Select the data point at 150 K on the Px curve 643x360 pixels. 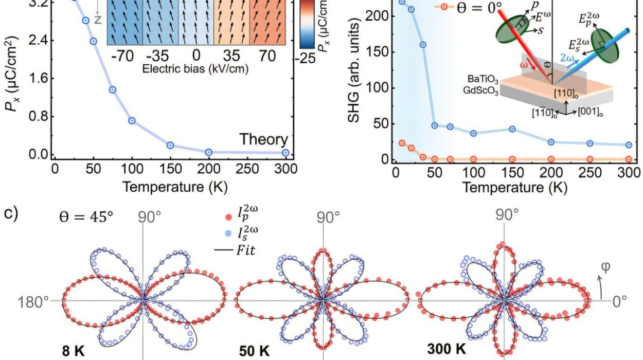pyautogui.click(x=170, y=145)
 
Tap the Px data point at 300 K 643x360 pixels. pyautogui.click(x=285, y=152)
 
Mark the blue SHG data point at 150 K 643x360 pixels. pyautogui.click(x=512, y=129)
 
